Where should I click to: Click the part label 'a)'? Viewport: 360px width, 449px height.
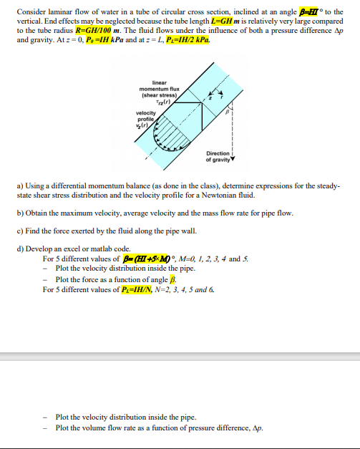click(19, 185)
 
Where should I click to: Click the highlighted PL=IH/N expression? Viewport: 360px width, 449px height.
click(150, 289)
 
